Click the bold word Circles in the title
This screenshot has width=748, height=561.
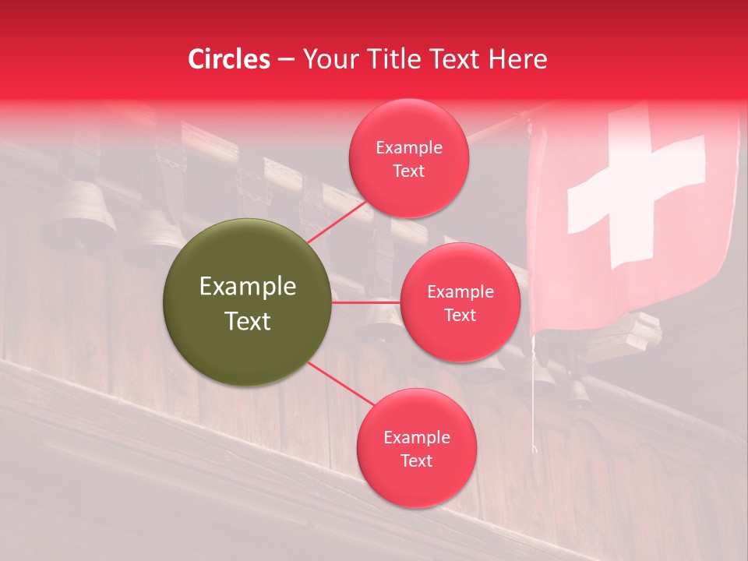tap(229, 59)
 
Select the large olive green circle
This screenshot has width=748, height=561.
tap(247, 302)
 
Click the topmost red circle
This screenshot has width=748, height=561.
tap(408, 159)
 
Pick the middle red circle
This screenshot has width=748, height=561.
tap(460, 302)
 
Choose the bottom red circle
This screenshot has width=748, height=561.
tap(416, 449)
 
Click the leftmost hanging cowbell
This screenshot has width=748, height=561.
tap(82, 214)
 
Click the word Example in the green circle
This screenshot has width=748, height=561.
tap(247, 287)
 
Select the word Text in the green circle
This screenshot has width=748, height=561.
tap(247, 321)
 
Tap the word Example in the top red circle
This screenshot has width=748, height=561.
tap(408, 148)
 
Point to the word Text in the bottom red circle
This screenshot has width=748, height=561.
tap(416, 461)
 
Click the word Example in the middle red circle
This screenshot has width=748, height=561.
tap(460, 292)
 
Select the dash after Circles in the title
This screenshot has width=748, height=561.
tap(285, 59)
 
